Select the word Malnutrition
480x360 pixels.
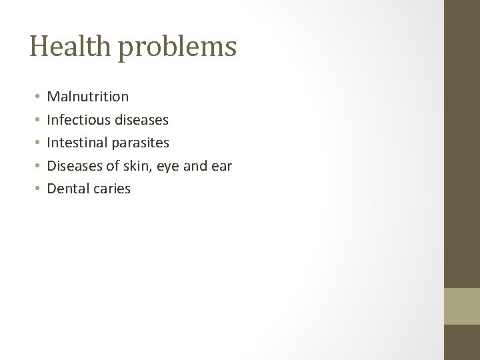click(x=88, y=97)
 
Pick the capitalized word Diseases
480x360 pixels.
click(x=75, y=166)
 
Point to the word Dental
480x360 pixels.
click(x=69, y=189)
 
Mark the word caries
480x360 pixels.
click(x=113, y=189)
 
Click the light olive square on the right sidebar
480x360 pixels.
click(x=462, y=306)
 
